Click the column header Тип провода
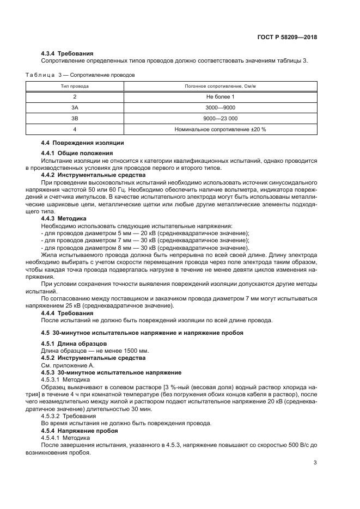tap(75, 86)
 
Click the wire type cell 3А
tap(75, 107)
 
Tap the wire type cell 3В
tap(75, 118)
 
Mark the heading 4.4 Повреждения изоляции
tap(82, 143)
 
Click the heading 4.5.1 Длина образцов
tap(74, 344)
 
